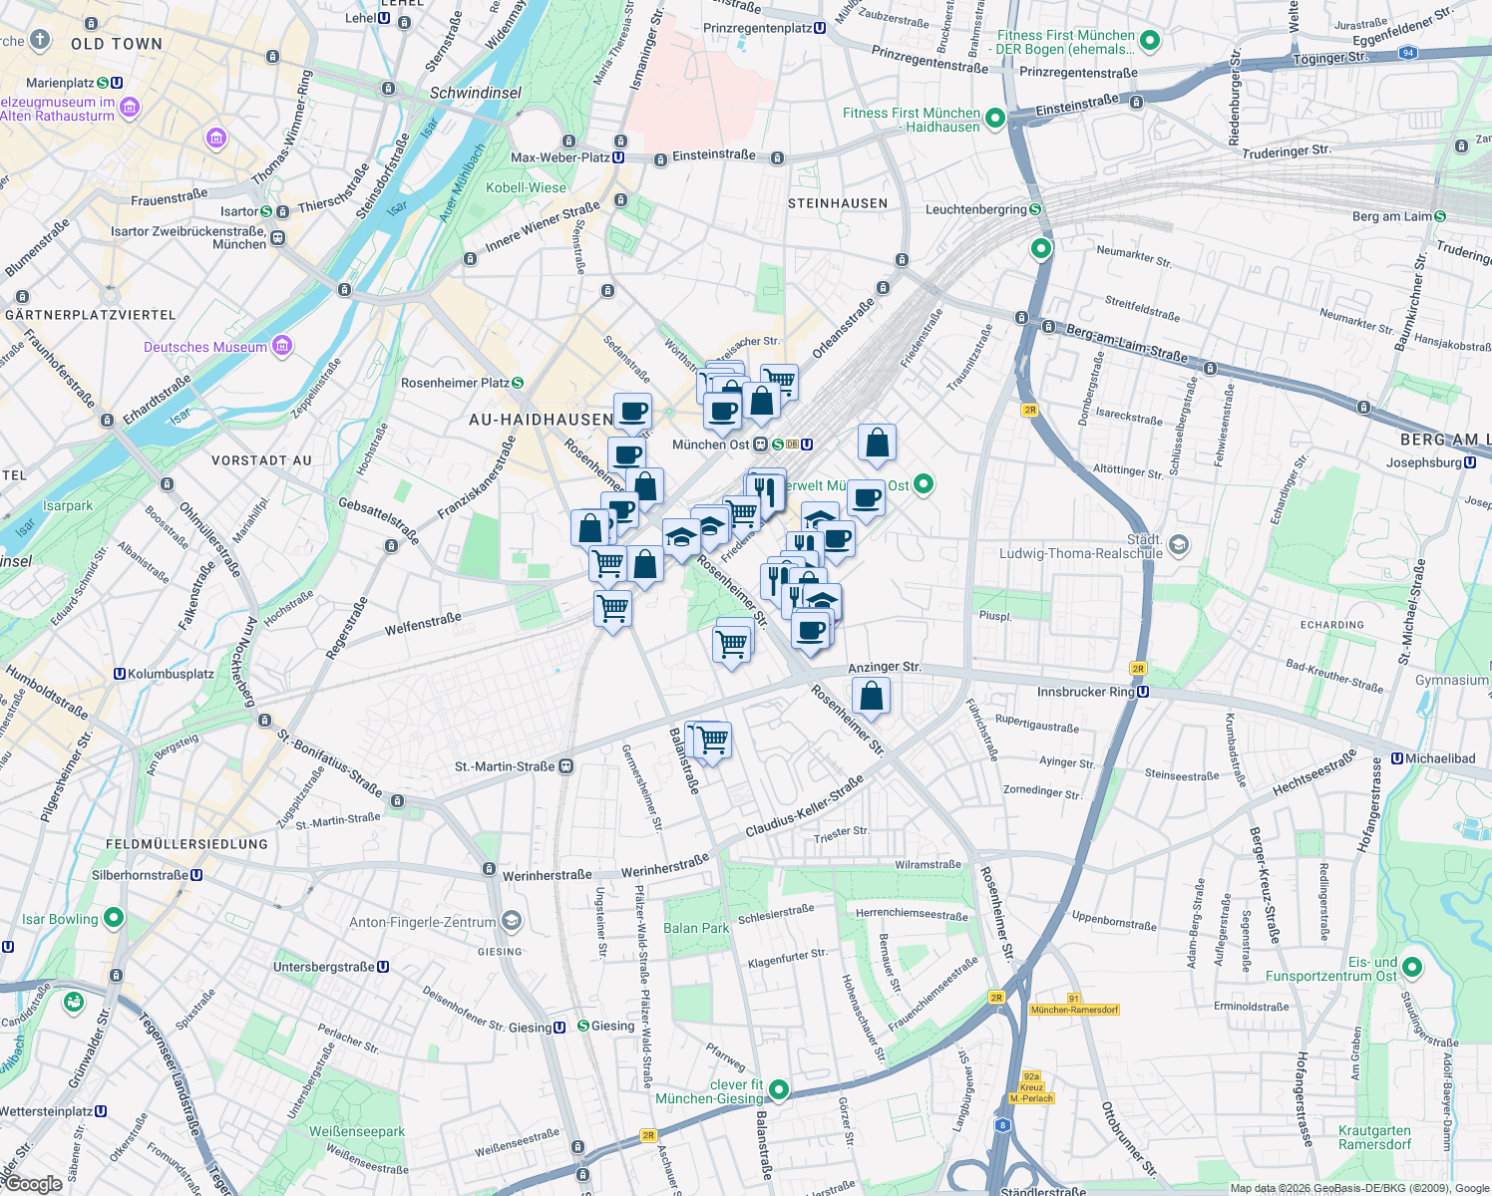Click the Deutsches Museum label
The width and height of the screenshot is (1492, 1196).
pyautogui.click(x=205, y=347)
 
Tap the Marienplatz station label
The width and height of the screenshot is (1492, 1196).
pyautogui.click(x=61, y=83)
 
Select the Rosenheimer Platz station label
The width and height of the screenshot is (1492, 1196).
pyautogui.click(x=455, y=383)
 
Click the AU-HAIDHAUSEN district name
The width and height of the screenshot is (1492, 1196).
pyautogui.click(x=541, y=420)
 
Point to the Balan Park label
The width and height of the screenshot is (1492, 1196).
pyautogui.click(x=696, y=928)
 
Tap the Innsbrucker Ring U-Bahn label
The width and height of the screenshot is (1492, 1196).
pyautogui.click(x=1086, y=692)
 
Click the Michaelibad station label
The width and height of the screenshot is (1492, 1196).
pyautogui.click(x=1439, y=758)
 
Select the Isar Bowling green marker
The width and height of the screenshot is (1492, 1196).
pyautogui.click(x=114, y=918)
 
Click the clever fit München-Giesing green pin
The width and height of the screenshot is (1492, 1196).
pyautogui.click(x=779, y=1090)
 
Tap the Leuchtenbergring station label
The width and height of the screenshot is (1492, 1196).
pyautogui.click(x=976, y=209)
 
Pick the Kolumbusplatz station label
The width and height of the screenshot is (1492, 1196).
pyautogui.click(x=171, y=674)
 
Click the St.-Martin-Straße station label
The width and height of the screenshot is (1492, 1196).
pyautogui.click(x=505, y=766)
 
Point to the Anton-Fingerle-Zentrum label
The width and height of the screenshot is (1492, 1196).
pyautogui.click(x=423, y=922)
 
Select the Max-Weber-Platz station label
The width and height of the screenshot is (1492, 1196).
pyautogui.click(x=560, y=157)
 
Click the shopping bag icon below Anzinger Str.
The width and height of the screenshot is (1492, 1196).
pyautogui.click(x=871, y=697)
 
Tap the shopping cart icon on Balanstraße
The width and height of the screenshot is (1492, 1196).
pyautogui.click(x=712, y=741)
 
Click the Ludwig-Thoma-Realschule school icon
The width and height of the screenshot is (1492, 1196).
pyautogui.click(x=1179, y=544)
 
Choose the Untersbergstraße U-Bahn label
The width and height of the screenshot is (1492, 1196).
pyautogui.click(x=324, y=967)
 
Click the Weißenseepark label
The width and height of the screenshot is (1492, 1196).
pyautogui.click(x=357, y=1131)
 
